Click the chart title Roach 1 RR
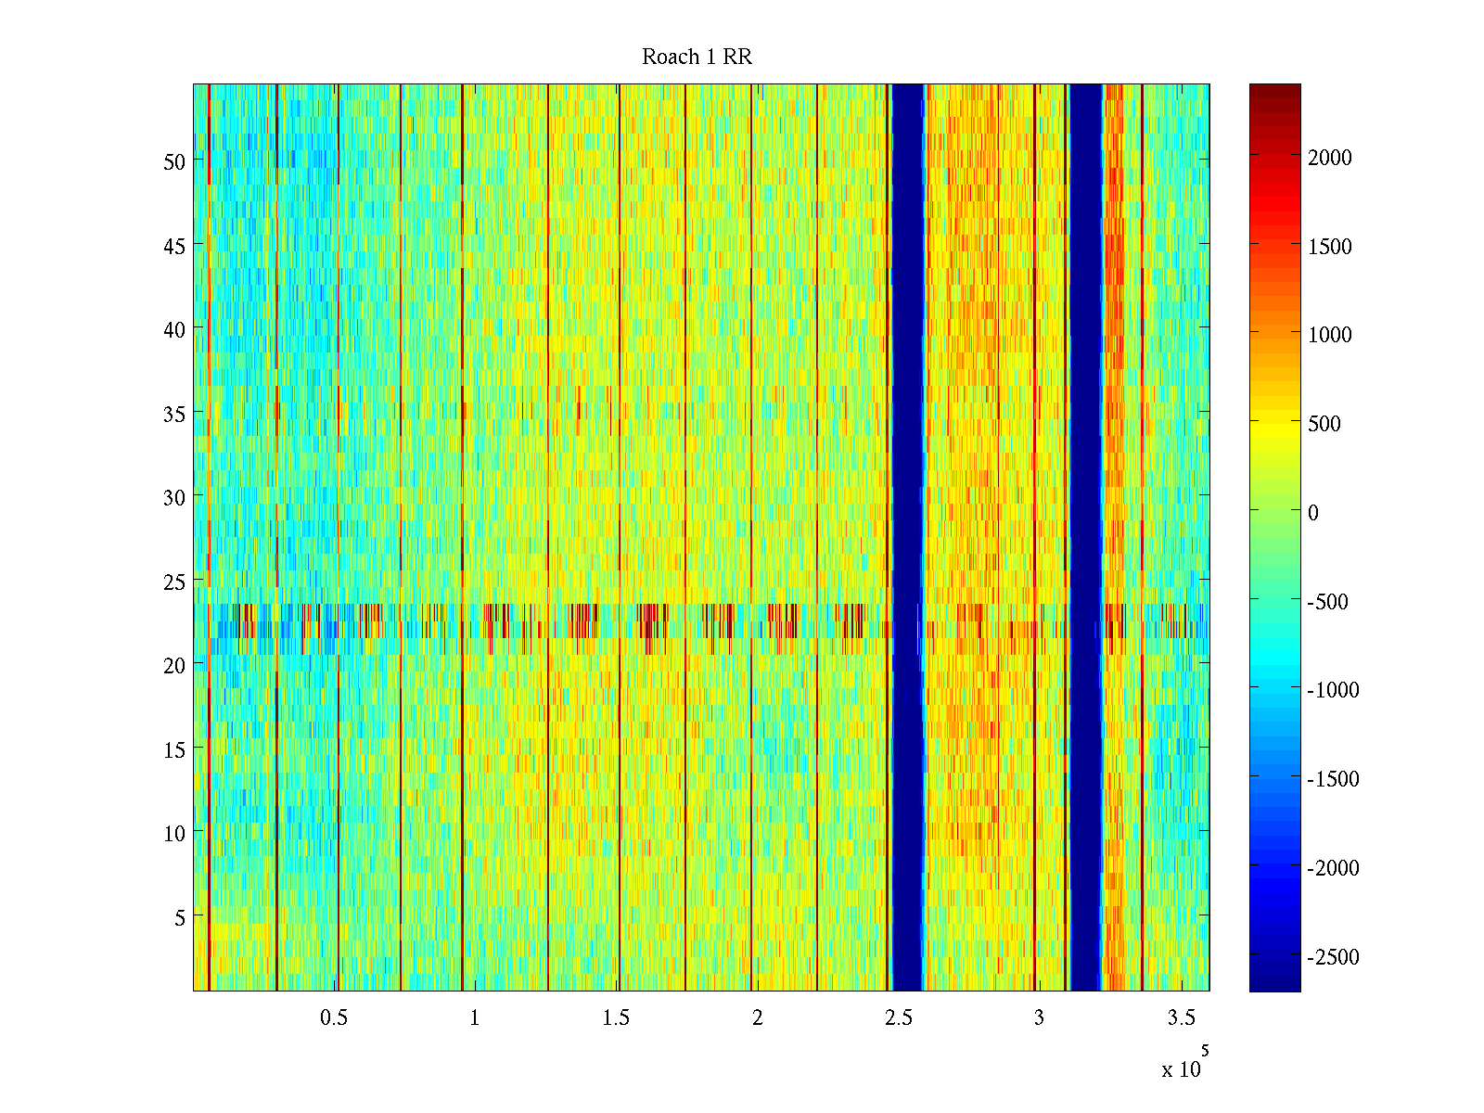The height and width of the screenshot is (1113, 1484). (x=697, y=58)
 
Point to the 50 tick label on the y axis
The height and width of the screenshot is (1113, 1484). (x=173, y=161)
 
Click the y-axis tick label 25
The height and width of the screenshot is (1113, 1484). (x=173, y=582)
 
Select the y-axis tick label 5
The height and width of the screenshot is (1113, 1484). (x=179, y=917)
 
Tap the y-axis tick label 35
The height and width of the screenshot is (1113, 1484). (x=173, y=414)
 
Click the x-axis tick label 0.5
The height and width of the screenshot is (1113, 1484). (x=334, y=1018)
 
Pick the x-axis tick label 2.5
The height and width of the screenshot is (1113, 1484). (x=898, y=1018)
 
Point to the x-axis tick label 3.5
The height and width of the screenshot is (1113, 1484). (x=1181, y=1018)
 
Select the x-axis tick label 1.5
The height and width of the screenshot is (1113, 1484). (x=616, y=1018)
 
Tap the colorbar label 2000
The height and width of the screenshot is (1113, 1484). (x=1330, y=158)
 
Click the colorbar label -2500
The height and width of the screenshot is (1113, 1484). (x=1333, y=957)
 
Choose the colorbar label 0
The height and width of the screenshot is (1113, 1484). (x=1312, y=513)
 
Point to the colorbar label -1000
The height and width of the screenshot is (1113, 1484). (x=1333, y=690)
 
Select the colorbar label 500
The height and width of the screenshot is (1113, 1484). (x=1324, y=424)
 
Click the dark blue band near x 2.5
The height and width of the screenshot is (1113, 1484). (x=907, y=538)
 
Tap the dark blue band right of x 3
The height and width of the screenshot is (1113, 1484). (x=1085, y=538)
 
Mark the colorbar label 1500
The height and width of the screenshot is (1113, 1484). (x=1330, y=247)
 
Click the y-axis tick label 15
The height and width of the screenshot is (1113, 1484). (x=173, y=749)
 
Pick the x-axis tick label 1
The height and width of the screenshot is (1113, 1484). (x=474, y=1018)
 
